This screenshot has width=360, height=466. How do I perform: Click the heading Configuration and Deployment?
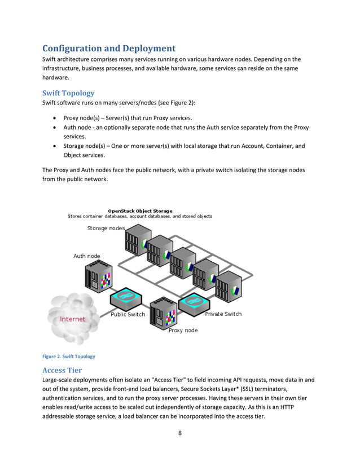[109, 48]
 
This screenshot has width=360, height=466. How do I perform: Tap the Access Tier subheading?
[62, 370]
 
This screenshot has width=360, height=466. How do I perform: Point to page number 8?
[179, 434]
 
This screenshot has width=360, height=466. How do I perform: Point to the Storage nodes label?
[106, 228]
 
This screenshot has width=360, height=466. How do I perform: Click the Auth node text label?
[86, 256]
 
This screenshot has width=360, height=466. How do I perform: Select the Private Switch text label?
[223, 314]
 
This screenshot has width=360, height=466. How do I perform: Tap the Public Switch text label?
[128, 314]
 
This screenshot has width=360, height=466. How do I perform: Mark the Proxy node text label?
[183, 331]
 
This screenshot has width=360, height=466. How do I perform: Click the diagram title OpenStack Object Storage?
[140, 211]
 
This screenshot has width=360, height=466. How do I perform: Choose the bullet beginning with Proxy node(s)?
[128, 117]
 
